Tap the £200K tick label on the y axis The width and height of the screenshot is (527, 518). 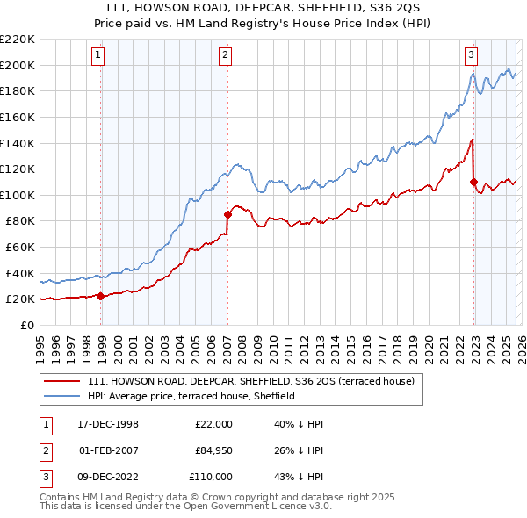[x=18, y=65]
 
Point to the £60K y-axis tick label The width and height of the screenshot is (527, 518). [x=20, y=248]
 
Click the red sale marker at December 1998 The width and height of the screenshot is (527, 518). [x=100, y=296]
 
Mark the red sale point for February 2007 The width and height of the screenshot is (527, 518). [x=227, y=213]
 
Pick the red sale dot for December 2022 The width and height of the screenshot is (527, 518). [x=473, y=182]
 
